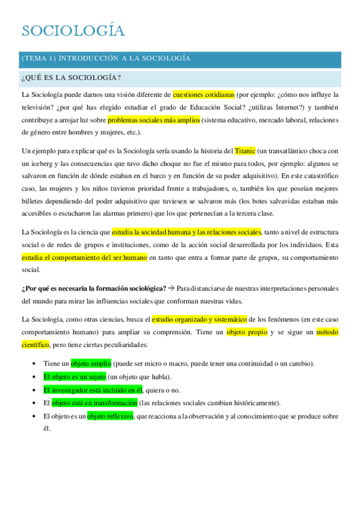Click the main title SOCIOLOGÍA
click(73, 31)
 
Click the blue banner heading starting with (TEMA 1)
click(106, 58)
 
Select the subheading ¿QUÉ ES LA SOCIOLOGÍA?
click(71, 78)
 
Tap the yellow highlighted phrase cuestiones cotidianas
click(203, 94)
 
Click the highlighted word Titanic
click(245, 150)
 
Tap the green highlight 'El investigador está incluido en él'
click(93, 389)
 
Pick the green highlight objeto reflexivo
click(110, 416)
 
